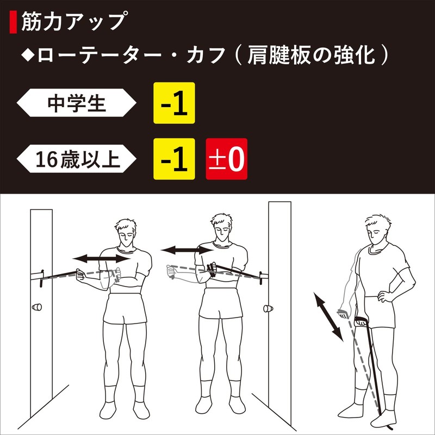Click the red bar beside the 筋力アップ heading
coord(14,22)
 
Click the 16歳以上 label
coord(76,159)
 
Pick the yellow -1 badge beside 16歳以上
coord(174,159)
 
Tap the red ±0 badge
coord(226,159)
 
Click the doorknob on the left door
coord(38,307)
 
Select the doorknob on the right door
coord(268,309)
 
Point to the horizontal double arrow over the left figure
coord(103,259)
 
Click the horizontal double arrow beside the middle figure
coord(187,250)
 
